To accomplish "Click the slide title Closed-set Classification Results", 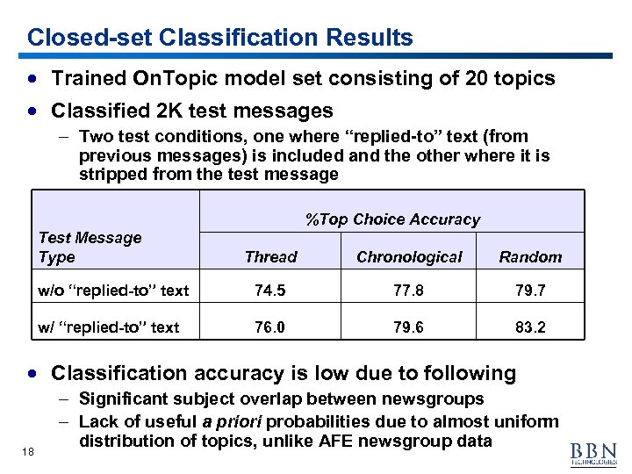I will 219,38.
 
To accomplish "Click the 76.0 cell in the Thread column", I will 270,327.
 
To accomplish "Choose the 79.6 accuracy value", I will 408,327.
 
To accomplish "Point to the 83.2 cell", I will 530,327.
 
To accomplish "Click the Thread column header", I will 270,257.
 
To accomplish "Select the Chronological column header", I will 408,257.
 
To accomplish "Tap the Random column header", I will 530,257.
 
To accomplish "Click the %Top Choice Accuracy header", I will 392,219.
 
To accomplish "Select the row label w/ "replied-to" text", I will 109,327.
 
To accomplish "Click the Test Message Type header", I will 90,248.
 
